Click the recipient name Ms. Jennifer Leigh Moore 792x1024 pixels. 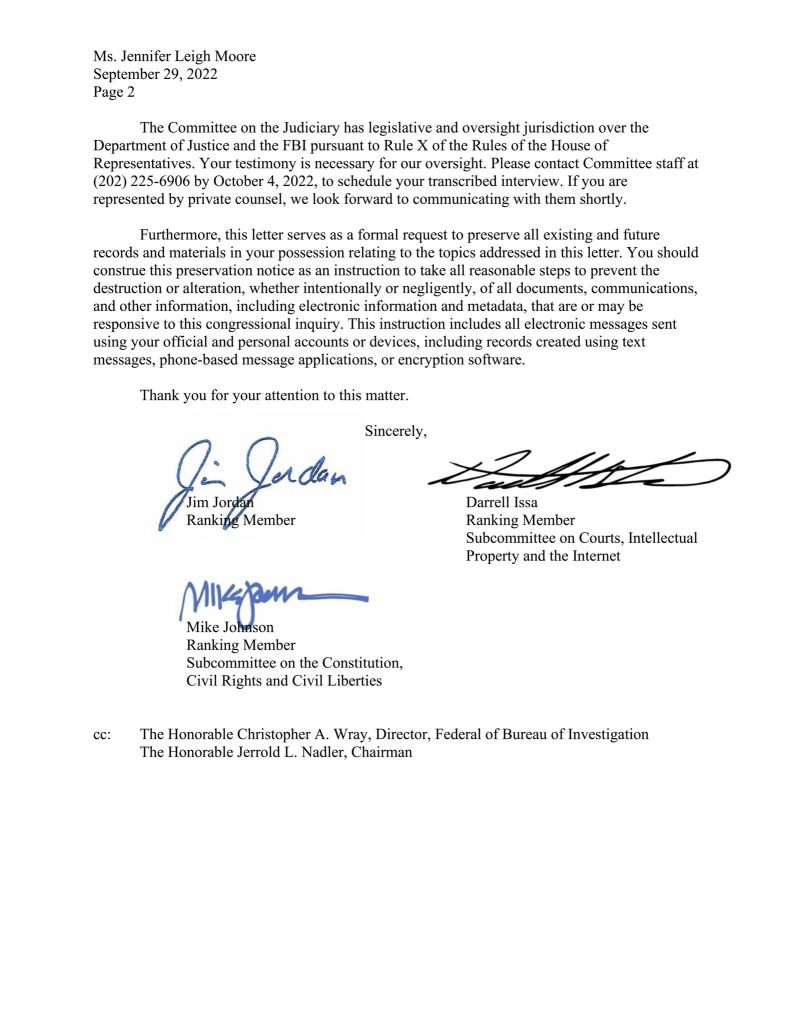(x=174, y=56)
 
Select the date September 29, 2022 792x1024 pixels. (x=155, y=74)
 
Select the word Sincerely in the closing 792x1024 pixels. (x=396, y=431)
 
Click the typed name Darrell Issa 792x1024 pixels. (x=502, y=503)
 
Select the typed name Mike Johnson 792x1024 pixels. (x=231, y=627)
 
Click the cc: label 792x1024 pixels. (x=102, y=734)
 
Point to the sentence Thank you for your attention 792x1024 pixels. (x=273, y=395)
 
